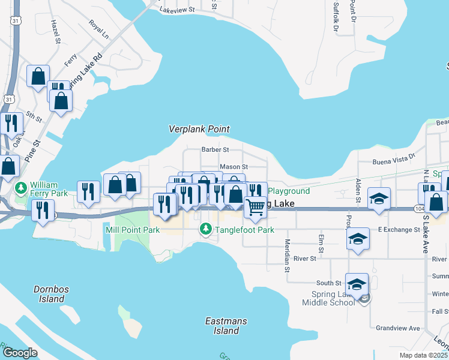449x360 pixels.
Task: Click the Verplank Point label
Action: coord(199,129)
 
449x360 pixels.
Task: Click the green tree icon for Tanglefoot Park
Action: coord(206,229)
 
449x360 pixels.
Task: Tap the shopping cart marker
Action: coord(255,206)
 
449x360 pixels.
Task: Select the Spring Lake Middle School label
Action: coord(333,298)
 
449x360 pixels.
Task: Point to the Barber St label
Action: coord(215,149)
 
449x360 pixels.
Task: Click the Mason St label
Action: coord(234,166)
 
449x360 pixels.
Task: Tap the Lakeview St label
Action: coord(178,10)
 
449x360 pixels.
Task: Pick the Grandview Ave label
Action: coord(397,328)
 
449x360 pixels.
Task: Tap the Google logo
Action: coord(20,352)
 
